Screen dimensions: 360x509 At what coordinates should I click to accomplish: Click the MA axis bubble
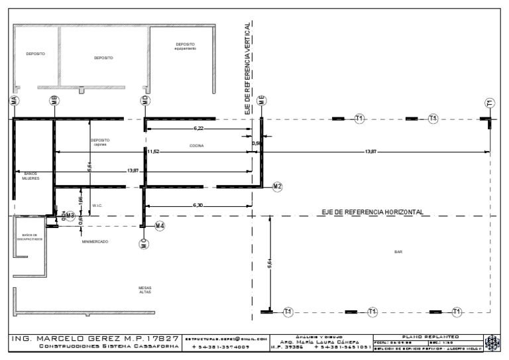[x=14, y=101]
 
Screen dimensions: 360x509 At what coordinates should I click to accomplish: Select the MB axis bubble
[x=54, y=101]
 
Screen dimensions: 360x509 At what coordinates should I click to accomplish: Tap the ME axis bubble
[x=262, y=101]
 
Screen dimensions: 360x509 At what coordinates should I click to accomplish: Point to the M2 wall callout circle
[x=277, y=186]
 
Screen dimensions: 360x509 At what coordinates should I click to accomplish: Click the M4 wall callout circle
[x=160, y=226]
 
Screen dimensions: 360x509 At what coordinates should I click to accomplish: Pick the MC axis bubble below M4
[x=143, y=244]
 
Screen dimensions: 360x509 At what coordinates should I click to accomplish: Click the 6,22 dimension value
[x=199, y=127]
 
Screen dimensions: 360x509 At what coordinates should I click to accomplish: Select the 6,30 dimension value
[x=198, y=205]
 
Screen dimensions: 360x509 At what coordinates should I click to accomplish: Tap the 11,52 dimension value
[x=153, y=152]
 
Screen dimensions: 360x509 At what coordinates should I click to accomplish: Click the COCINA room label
[x=196, y=145]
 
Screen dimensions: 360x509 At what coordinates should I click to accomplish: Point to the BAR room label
[x=398, y=252]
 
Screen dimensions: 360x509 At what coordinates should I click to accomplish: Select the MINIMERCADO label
[x=95, y=242]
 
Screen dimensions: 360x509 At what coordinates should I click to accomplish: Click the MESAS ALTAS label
[x=144, y=290]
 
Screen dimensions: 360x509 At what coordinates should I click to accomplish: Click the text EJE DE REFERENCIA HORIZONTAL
[x=372, y=211]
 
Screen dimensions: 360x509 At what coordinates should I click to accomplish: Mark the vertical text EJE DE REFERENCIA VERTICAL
[x=247, y=69]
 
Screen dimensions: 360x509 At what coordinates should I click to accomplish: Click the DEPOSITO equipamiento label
[x=186, y=47]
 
